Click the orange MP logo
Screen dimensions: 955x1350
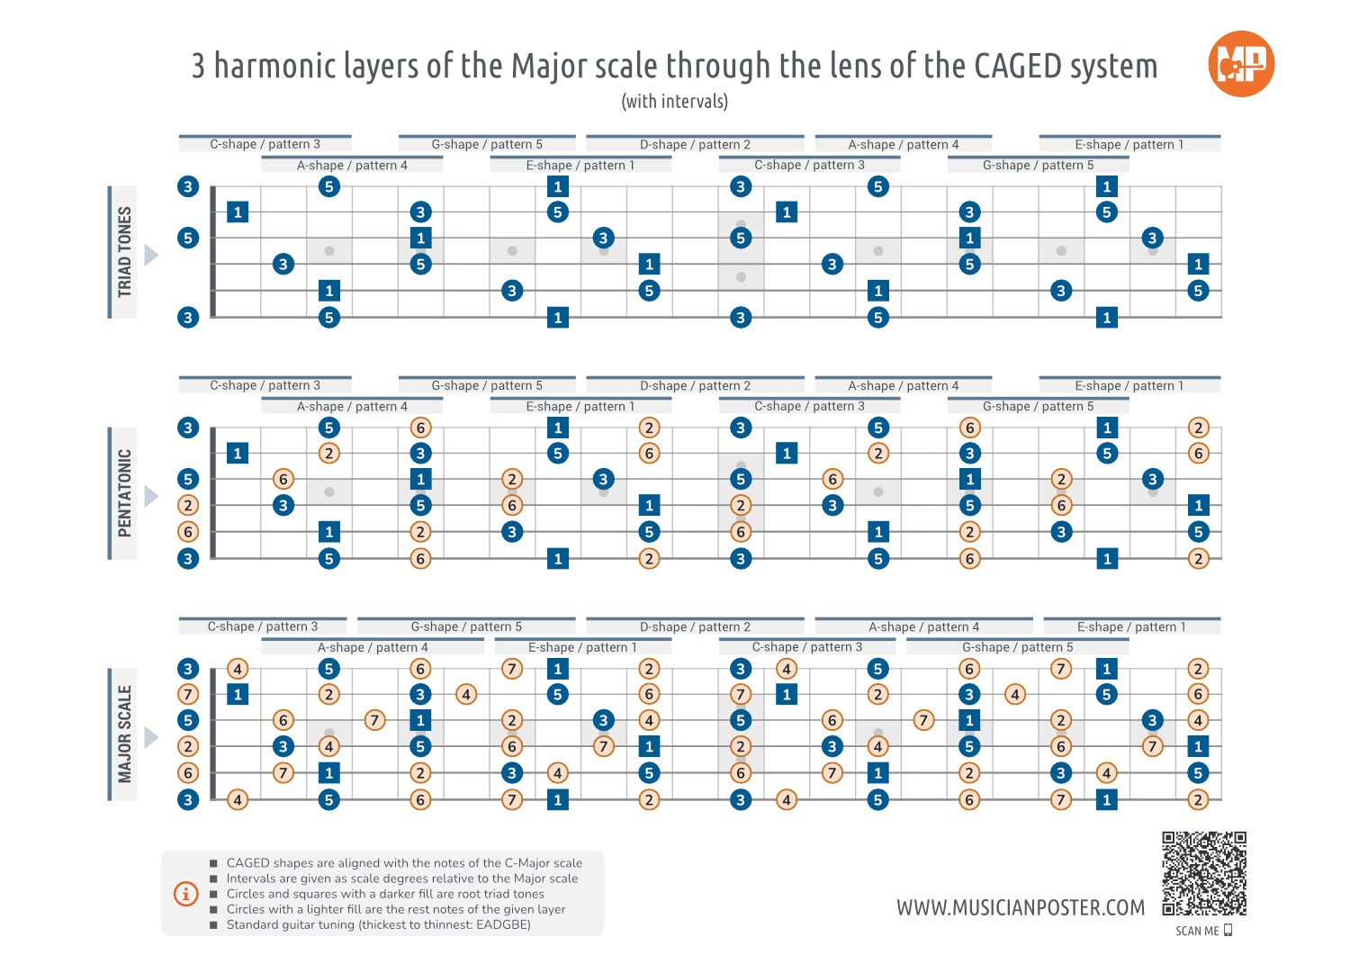click(x=1241, y=64)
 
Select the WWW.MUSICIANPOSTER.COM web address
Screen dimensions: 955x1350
click(x=1021, y=907)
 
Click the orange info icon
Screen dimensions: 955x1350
click(x=185, y=894)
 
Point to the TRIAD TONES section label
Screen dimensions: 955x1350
click(x=124, y=252)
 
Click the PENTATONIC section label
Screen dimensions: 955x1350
click(x=124, y=493)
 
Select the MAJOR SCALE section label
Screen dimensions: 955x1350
click(x=124, y=734)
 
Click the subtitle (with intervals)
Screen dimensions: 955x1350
click(x=675, y=102)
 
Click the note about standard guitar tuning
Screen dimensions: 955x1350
click(x=378, y=924)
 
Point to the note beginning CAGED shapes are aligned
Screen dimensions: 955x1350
click(x=404, y=862)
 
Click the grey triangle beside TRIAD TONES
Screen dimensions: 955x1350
click(x=151, y=256)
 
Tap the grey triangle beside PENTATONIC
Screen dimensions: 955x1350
click(x=151, y=497)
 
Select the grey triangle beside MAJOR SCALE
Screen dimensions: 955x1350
click(x=151, y=738)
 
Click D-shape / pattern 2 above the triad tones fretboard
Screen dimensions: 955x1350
click(x=695, y=144)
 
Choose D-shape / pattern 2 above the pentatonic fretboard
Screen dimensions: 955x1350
click(x=695, y=385)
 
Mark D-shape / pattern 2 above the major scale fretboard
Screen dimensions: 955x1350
click(x=695, y=626)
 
